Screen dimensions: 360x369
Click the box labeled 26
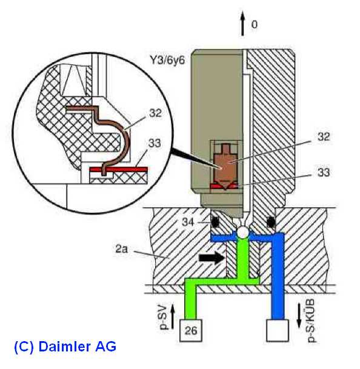191,330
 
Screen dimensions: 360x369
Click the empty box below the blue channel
278,330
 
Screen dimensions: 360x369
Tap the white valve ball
243,233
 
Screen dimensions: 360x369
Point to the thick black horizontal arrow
211,258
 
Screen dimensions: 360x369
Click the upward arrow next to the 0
242,24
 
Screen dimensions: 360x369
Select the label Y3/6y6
167,61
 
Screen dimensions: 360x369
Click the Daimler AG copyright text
65,347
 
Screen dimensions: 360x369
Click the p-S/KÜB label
311,321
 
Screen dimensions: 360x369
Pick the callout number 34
188,222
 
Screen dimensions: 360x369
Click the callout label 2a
122,249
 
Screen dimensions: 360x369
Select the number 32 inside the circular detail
155,113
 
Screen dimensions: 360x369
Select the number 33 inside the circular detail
155,143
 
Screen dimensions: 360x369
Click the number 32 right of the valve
324,136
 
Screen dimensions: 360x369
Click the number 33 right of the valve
324,172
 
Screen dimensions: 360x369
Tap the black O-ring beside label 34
215,221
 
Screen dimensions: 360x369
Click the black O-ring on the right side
271,221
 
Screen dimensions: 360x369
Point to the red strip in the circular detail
118,169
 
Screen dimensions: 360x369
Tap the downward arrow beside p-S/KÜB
299,315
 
